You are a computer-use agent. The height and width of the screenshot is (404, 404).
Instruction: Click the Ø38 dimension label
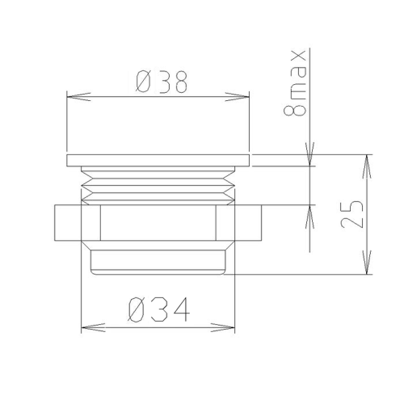tap(161, 82)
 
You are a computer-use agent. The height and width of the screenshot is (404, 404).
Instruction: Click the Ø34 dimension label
tap(159, 309)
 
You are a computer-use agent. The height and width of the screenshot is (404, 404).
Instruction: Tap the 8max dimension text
tap(295, 83)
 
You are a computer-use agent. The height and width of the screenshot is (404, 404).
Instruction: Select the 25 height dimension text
tap(352, 214)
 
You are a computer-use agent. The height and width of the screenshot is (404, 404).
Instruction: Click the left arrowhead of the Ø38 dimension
tap(78, 97)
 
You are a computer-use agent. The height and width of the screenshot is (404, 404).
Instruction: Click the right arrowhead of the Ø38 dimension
tap(238, 97)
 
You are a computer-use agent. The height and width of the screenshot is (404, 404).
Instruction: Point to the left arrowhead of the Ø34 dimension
tap(93, 327)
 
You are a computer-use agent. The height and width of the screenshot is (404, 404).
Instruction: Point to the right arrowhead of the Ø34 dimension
tap(223, 327)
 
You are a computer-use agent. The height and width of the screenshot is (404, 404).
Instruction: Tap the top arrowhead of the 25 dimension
tap(367, 166)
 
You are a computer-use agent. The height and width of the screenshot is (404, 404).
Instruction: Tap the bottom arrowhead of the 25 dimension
tap(367, 263)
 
